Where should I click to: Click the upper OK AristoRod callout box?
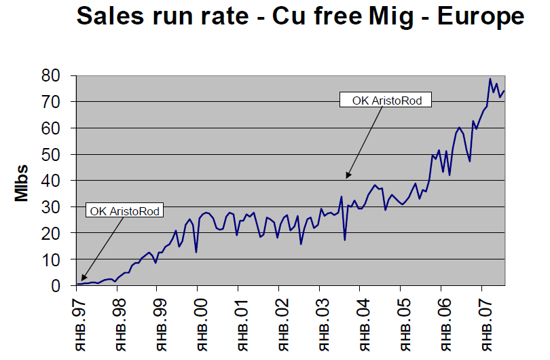[387, 101]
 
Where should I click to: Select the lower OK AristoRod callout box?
[126, 211]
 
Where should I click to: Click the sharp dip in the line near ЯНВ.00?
[196, 253]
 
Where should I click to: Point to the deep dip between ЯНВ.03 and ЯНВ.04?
[345, 240]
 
